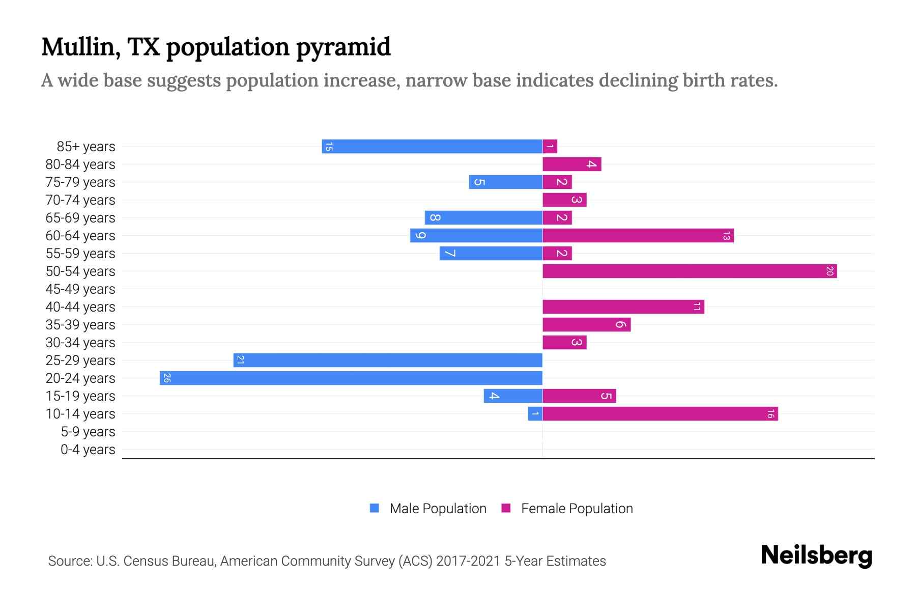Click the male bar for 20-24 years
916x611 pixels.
tap(351, 378)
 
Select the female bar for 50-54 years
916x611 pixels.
tap(690, 271)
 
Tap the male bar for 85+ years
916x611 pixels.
tap(433, 147)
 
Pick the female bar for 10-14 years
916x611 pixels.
tap(660, 414)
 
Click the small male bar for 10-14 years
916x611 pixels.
tap(535, 414)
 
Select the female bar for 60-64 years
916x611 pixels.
tap(638, 236)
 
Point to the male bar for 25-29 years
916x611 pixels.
tap(388, 360)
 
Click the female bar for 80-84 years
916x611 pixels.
tap(571, 164)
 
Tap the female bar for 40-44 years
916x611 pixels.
tap(623, 307)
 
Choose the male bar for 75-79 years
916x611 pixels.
tap(505, 182)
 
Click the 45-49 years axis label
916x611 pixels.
tap(80, 289)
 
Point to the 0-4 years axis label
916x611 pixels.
tap(88, 450)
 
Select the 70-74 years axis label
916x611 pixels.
tap(80, 200)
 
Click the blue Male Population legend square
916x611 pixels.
tap(375, 508)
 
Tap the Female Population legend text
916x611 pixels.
tap(577, 509)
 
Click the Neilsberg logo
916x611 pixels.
tap(816, 556)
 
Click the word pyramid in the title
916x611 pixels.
tap(343, 47)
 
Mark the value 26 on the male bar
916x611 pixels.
tap(167, 378)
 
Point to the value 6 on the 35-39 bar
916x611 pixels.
tap(620, 325)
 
